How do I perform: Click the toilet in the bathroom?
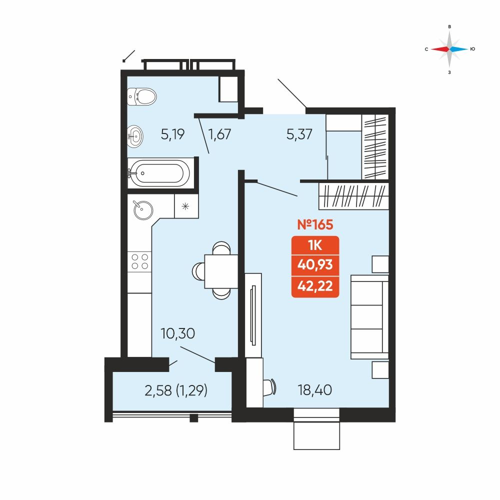(x=142, y=96)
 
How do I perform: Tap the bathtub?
(x=159, y=173)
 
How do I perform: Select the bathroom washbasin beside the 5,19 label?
(x=135, y=136)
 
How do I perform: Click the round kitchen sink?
(x=143, y=210)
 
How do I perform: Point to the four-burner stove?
(x=139, y=261)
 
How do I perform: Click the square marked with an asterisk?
(x=186, y=206)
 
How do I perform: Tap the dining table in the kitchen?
(x=221, y=271)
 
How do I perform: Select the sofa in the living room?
(x=369, y=317)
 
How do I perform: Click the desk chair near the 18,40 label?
(x=270, y=387)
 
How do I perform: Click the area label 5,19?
(x=172, y=134)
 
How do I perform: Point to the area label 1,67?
(x=219, y=134)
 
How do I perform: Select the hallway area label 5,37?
(x=299, y=134)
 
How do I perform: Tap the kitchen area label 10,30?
(x=178, y=333)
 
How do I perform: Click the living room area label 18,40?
(x=314, y=390)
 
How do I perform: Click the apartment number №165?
(x=315, y=224)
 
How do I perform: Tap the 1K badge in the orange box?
(x=315, y=245)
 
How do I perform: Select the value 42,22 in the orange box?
(x=315, y=286)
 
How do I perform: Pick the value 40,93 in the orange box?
(x=315, y=264)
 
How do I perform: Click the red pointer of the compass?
(x=440, y=49)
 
